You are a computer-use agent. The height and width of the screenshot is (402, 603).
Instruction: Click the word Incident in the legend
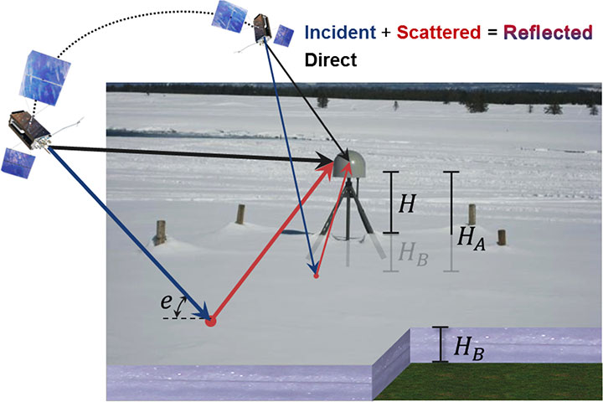[349, 33]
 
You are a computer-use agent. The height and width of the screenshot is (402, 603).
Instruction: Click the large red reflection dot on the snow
[211, 319]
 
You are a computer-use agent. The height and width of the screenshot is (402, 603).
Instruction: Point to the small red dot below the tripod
[317, 275]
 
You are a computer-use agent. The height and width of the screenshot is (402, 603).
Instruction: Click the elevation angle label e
[167, 300]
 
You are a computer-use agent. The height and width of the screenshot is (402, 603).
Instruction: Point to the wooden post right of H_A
[502, 237]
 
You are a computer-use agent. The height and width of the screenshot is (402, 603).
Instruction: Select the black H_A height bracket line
[451, 221]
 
